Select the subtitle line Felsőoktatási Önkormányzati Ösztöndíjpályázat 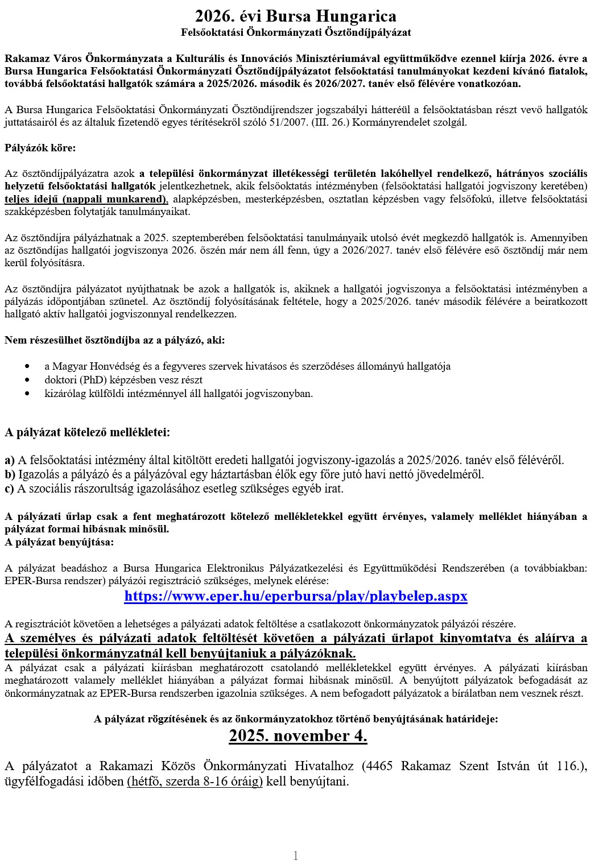296,32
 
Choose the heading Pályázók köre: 40,148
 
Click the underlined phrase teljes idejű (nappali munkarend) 86,199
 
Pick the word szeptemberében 206,237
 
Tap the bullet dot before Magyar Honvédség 28,366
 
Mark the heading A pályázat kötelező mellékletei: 87,432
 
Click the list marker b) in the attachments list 10,474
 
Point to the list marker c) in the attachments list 10,489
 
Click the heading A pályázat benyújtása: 59,541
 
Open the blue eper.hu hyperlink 296,596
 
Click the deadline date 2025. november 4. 298,736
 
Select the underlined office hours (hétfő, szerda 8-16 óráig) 195,782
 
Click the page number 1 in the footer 296,855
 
